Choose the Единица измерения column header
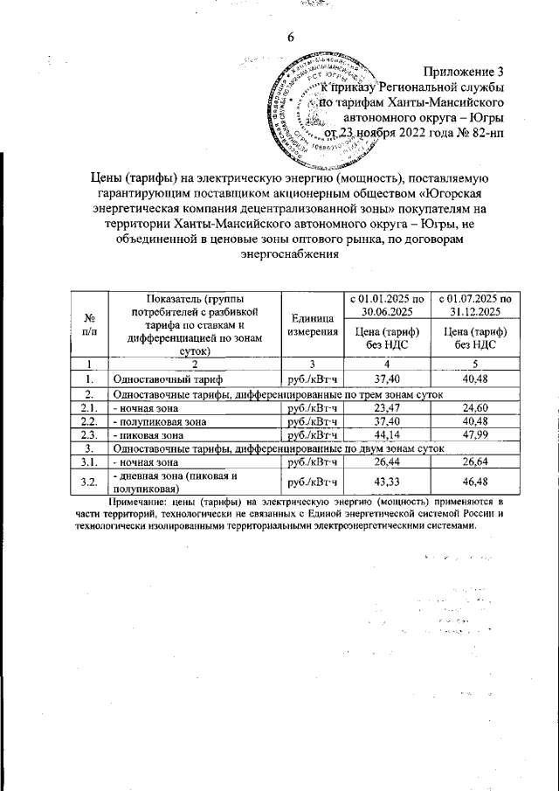point(312,325)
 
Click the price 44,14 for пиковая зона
point(384,434)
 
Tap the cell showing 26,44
point(384,461)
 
